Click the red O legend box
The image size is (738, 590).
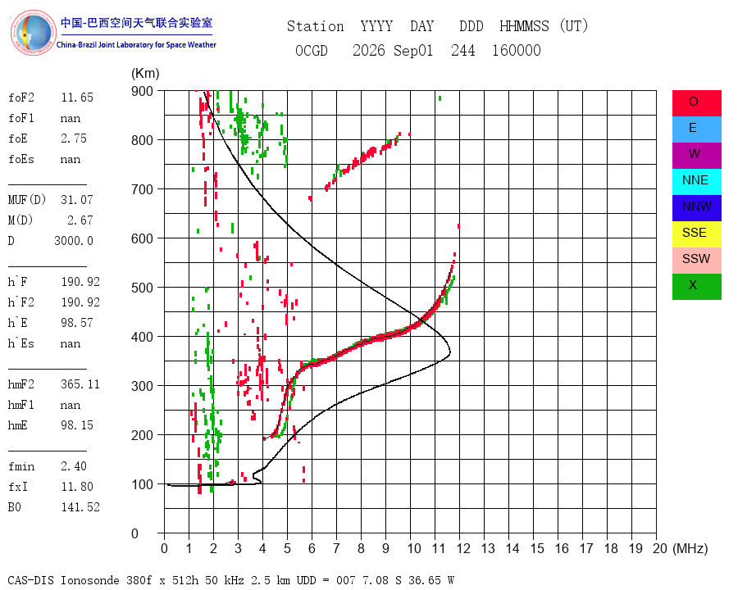696,103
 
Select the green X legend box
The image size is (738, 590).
696,287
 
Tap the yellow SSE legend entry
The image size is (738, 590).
696,234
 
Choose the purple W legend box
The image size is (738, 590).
696,155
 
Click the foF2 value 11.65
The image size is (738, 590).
77,98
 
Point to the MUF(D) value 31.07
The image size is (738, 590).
77,200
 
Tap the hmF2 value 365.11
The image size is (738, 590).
80,384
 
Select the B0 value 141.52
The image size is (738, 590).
80,507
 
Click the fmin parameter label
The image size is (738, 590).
21,466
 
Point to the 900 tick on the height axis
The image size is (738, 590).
142,91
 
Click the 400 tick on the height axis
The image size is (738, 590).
142,337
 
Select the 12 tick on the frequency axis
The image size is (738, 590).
463,548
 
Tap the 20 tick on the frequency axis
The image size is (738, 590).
660,548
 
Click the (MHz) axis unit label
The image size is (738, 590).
690,548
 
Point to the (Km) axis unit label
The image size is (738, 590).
145,74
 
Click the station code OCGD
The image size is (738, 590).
312,50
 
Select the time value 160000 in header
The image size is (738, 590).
517,50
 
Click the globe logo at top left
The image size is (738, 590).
33,33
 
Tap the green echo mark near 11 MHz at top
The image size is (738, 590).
440,98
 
